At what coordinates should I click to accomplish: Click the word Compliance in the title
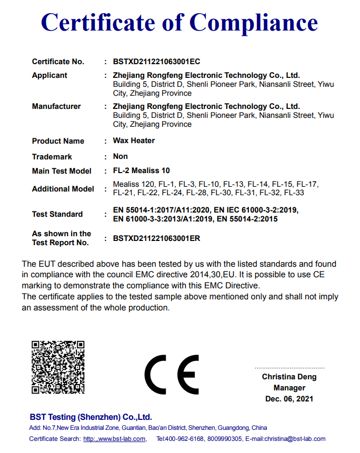point(253,22)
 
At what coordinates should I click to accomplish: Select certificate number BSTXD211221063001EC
point(156,62)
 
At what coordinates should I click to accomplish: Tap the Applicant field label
point(49,75)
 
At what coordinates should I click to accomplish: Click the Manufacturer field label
point(56,106)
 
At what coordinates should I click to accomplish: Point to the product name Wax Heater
point(134,141)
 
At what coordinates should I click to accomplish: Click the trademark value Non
point(121,156)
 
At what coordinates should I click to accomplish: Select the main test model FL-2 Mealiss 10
point(142,170)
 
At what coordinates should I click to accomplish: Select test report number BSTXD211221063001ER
point(156,238)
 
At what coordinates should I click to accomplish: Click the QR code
point(58,367)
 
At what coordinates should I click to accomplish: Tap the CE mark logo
point(172,374)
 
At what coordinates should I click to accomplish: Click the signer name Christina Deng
point(289,377)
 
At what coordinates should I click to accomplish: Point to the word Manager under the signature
point(289,388)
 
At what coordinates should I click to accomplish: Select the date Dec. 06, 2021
point(289,399)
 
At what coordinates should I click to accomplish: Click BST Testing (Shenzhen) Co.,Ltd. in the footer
point(91,417)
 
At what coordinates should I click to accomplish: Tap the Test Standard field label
point(57,214)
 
